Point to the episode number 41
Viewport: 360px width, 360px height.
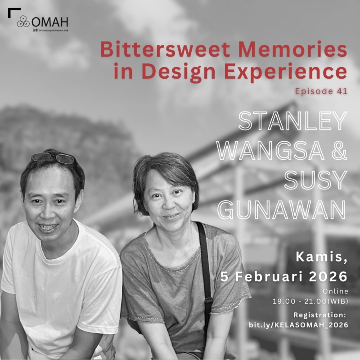[x=342, y=91]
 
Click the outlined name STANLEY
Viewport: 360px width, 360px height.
[x=292, y=121]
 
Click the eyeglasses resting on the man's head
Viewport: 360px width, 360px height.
[x=53, y=157]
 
